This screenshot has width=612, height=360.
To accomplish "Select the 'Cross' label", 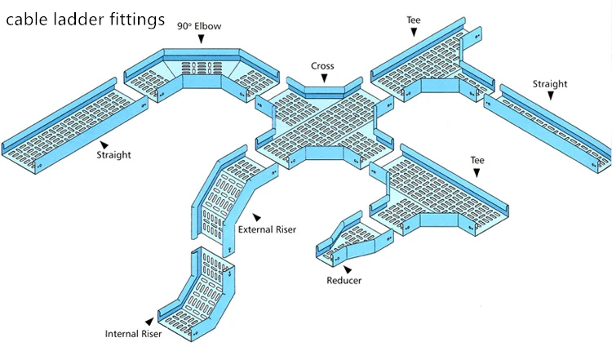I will (323, 65).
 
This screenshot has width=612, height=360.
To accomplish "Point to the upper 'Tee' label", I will (414, 19).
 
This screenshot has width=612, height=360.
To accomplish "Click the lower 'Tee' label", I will (477, 160).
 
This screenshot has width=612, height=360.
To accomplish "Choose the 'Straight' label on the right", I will (550, 83).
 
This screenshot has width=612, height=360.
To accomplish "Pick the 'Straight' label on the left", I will (113, 154).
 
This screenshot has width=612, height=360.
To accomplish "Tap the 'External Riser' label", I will (266, 229).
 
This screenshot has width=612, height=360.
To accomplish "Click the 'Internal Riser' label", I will (133, 333).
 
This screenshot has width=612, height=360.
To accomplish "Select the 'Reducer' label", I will (344, 281).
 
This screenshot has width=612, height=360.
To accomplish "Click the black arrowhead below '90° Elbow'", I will (199, 38).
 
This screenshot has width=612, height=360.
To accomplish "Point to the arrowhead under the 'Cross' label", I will (324, 78).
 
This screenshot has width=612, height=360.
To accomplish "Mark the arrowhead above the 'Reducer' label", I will (348, 269).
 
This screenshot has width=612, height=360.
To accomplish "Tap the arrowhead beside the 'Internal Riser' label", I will (149, 322).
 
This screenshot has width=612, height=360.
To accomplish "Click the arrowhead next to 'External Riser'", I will (255, 217).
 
